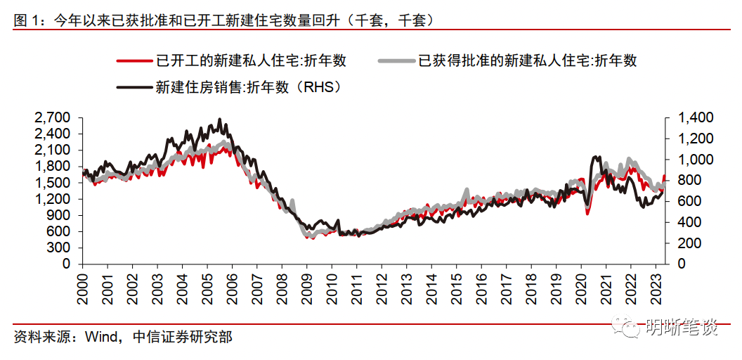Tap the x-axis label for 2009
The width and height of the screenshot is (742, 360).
click(306, 288)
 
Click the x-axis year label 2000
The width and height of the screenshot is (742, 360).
click(82, 288)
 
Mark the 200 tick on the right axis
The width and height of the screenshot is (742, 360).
click(688, 243)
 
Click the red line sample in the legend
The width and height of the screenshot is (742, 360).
click(135, 61)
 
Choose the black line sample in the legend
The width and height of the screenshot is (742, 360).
click(135, 88)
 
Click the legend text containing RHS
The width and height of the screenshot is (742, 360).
click(247, 88)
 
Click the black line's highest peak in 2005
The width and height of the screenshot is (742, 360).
click(220, 119)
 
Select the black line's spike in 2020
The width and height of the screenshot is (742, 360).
click(596, 156)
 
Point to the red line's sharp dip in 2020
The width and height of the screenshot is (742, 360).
click(588, 212)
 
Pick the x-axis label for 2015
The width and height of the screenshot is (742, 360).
click(456, 288)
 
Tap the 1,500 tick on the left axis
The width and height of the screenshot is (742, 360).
click(56, 183)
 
